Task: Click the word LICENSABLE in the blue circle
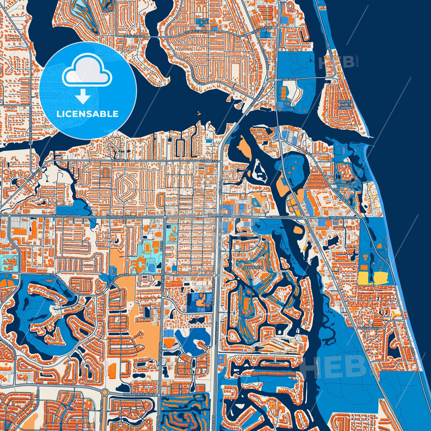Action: (87, 114)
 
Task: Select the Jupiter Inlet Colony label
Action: (346, 105)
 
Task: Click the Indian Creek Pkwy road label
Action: (140, 395)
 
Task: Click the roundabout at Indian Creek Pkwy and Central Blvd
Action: (105, 392)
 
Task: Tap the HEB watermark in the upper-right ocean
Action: (336, 62)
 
